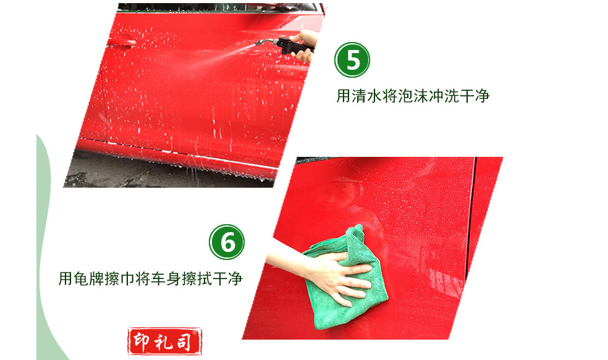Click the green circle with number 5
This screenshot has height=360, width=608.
coord(352,60)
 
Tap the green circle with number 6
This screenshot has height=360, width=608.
coord(227,242)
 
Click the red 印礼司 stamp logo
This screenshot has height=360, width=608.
coord(165,341)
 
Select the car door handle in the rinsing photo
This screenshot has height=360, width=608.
coord(122,42)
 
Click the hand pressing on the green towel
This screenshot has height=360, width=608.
coord(341,277)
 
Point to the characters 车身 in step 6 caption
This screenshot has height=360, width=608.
coord(166,278)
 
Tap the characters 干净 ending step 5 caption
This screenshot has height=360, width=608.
coord(475,96)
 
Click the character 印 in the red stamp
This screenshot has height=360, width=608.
coord(141,341)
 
